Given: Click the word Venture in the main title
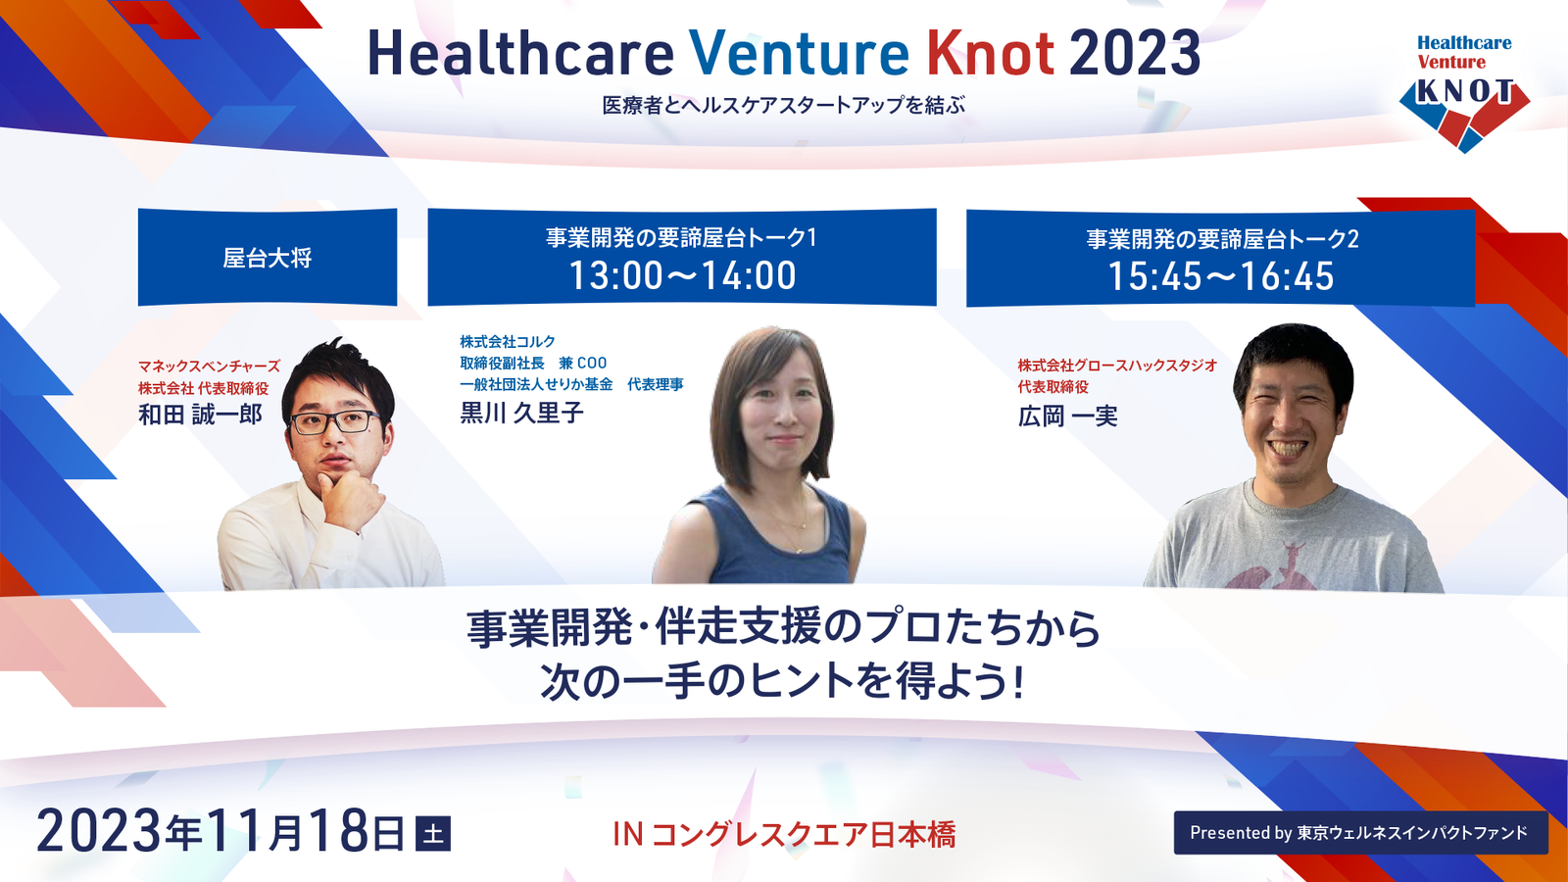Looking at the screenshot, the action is [799, 54].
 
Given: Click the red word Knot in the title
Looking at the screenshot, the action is [991, 54].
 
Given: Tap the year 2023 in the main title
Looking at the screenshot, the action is [1135, 54].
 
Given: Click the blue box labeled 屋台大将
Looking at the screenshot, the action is [268, 257].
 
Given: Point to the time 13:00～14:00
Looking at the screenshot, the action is [682, 275].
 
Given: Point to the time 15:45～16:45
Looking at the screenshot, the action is [1221, 276].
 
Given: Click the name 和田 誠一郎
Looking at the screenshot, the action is [200, 415].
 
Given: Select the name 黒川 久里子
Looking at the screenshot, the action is [521, 413].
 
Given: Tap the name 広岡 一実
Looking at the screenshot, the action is [1067, 416].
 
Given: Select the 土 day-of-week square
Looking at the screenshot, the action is [433, 834].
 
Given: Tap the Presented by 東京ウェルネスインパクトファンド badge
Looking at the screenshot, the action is [1361, 833].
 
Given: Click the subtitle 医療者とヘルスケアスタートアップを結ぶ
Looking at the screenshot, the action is [784, 106].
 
